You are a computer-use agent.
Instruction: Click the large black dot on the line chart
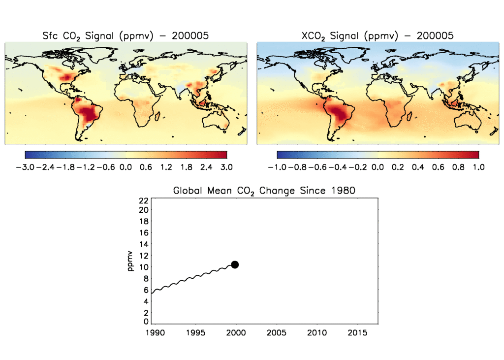tap(235, 264)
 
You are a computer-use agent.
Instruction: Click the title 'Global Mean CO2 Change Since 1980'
tap(264, 191)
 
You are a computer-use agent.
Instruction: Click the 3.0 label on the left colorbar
tap(226, 167)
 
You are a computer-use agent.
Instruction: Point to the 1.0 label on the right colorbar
tap(478, 167)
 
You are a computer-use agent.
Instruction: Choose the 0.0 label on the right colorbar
tap(378, 167)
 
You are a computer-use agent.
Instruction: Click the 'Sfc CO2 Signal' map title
tap(125, 35)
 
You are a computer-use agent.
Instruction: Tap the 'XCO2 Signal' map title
tap(377, 35)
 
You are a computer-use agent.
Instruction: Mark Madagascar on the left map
tap(159, 116)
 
